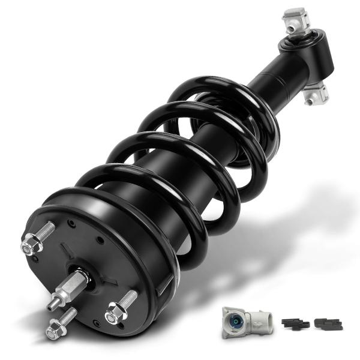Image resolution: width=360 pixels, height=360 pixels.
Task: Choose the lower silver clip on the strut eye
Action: click(x=316, y=93)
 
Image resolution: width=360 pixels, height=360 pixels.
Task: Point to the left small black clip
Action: click(x=295, y=323)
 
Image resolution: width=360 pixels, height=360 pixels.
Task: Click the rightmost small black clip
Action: click(x=328, y=323)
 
